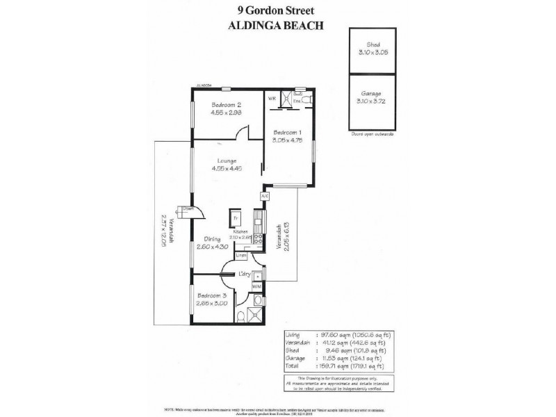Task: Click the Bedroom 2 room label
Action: click(226, 105)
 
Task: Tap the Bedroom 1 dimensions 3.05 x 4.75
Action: click(287, 140)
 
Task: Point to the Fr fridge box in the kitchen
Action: click(236, 218)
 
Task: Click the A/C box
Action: click(264, 197)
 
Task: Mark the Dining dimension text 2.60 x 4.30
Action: click(213, 247)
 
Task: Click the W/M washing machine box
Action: click(256, 286)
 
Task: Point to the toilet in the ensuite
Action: click(306, 99)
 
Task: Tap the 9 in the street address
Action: click(240, 10)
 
